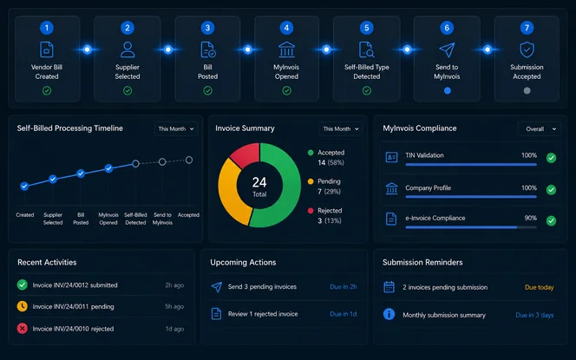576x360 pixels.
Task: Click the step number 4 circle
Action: (286, 28)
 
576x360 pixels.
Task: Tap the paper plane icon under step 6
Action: (447, 50)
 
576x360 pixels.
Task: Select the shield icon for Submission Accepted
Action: (527, 49)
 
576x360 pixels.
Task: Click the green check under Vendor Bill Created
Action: (47, 90)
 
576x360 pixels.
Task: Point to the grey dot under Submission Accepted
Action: (527, 90)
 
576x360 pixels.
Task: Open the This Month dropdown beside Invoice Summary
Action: (341, 129)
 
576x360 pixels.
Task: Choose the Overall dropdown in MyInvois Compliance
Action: (540, 129)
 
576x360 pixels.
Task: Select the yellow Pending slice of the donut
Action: (232, 191)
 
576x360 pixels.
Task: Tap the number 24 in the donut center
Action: (259, 182)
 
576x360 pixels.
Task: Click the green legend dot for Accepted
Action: (311, 153)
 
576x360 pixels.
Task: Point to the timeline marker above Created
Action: (24, 187)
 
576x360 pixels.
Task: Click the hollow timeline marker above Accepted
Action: (189, 160)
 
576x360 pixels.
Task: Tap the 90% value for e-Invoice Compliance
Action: (530, 218)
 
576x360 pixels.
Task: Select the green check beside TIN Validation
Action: (551, 158)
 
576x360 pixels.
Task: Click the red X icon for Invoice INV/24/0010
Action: (22, 329)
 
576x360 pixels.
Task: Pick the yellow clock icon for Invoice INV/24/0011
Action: (22, 306)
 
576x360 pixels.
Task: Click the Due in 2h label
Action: (344, 286)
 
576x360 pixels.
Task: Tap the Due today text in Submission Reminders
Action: (539, 287)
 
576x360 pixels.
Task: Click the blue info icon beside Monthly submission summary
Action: (389, 314)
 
